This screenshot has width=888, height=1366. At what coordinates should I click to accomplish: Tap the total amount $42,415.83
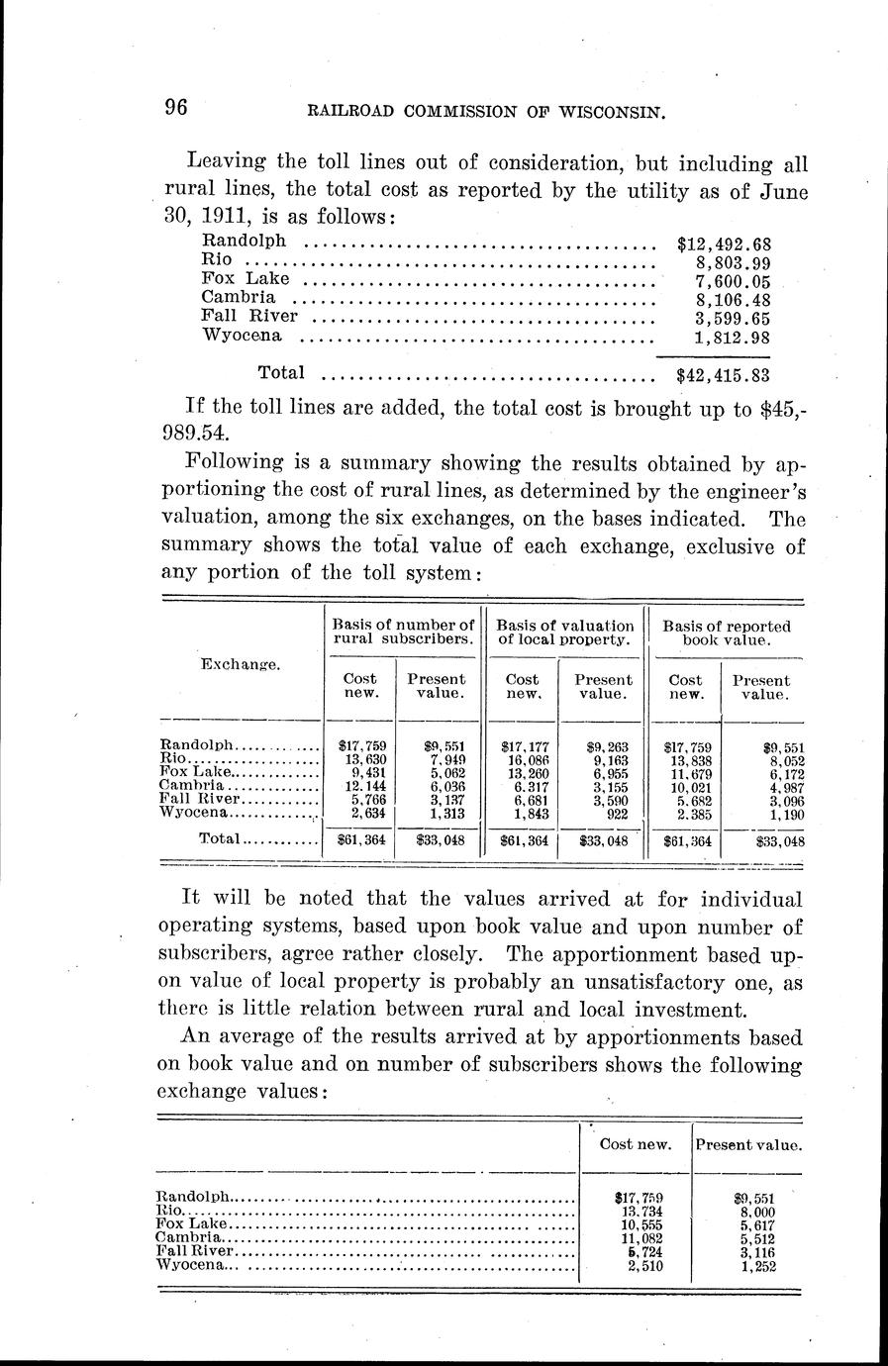(724, 375)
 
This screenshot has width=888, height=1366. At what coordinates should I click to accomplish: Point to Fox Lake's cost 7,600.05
(734, 281)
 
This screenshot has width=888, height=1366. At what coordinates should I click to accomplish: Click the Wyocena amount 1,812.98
(734, 338)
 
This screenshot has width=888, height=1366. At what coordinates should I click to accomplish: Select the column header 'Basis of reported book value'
(727, 633)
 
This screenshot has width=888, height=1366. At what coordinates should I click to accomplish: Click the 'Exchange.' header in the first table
(242, 664)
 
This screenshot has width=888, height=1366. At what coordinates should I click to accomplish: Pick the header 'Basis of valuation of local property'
(564, 633)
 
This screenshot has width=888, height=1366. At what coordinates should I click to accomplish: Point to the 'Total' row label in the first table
(220, 838)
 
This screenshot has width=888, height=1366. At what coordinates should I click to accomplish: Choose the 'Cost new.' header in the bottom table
(637, 1144)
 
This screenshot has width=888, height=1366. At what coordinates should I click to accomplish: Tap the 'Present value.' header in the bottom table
(748, 1144)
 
